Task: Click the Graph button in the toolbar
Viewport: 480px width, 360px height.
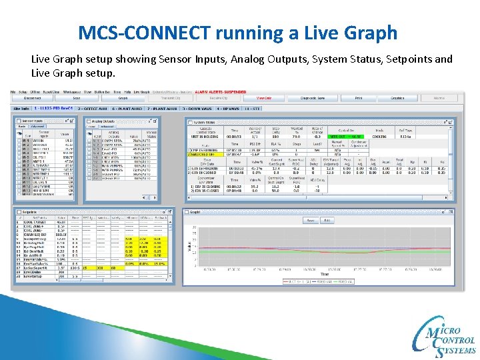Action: pos(124,97)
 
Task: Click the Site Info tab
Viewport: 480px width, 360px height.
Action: pos(21,107)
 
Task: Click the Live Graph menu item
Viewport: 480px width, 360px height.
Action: pos(141,91)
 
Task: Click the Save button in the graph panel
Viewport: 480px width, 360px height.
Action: pos(310,220)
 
